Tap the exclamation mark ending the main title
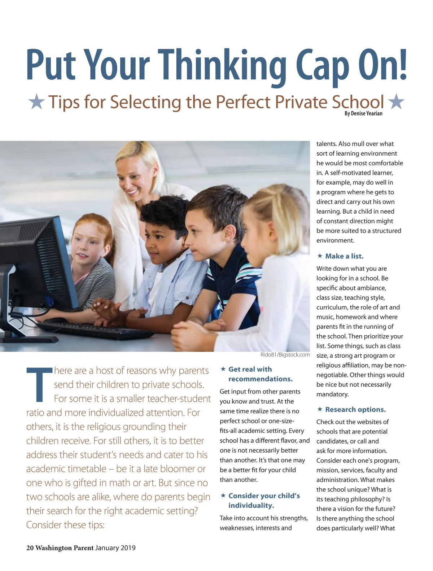coord(403,65)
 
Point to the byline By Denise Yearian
coord(363,114)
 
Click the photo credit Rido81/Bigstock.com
coord(285,355)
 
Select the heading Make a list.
coord(344,256)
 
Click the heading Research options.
coord(355,410)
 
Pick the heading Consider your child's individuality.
coord(263,501)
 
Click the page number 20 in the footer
coord(30,548)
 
